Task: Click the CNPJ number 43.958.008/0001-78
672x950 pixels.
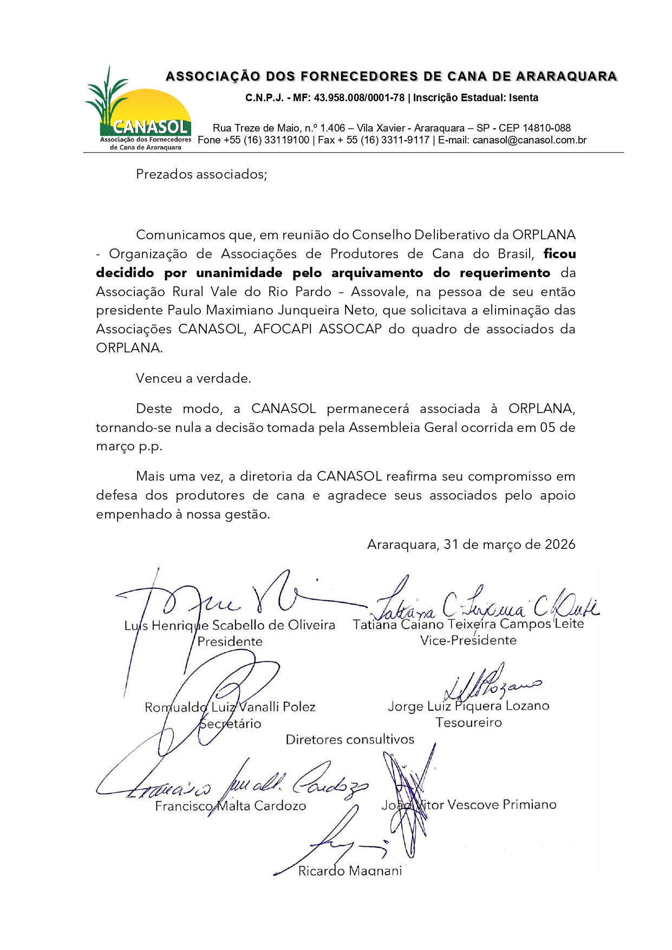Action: point(359,98)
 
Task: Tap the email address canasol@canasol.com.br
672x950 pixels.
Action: point(530,140)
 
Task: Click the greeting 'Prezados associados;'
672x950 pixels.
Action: point(201,174)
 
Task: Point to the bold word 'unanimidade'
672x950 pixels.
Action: point(239,273)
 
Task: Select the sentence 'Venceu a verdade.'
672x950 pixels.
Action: point(193,378)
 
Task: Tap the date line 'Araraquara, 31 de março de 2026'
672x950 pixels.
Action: point(471,545)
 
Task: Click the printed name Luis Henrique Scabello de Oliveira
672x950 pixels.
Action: point(230,626)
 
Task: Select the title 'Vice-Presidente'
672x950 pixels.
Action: point(468,640)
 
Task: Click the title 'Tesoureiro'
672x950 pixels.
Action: point(468,723)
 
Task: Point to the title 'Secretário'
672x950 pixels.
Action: point(230,724)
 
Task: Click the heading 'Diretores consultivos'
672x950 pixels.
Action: point(350,739)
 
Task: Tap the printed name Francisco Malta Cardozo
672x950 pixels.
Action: point(230,806)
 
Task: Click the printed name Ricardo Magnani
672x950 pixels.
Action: point(350,871)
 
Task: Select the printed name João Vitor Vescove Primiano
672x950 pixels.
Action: point(469,805)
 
